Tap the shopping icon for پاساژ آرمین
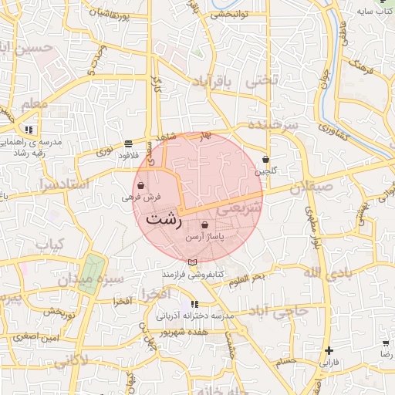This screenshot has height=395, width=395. (x=204, y=225)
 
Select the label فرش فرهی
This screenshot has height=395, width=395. (x=140, y=197)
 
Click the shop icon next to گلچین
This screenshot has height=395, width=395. (x=266, y=159)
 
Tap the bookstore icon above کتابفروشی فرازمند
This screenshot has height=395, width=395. (x=192, y=263)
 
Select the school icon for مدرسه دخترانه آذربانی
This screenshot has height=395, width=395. (x=194, y=305)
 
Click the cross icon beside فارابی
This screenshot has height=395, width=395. (x=329, y=350)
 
